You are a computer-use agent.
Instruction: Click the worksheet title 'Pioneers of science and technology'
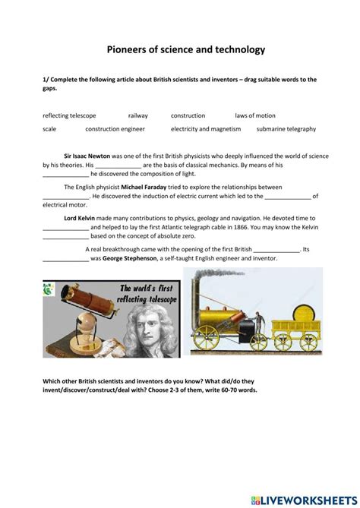pos(180,49)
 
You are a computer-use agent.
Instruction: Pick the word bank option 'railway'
pos(138,115)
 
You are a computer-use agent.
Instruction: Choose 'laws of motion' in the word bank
pos(255,115)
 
